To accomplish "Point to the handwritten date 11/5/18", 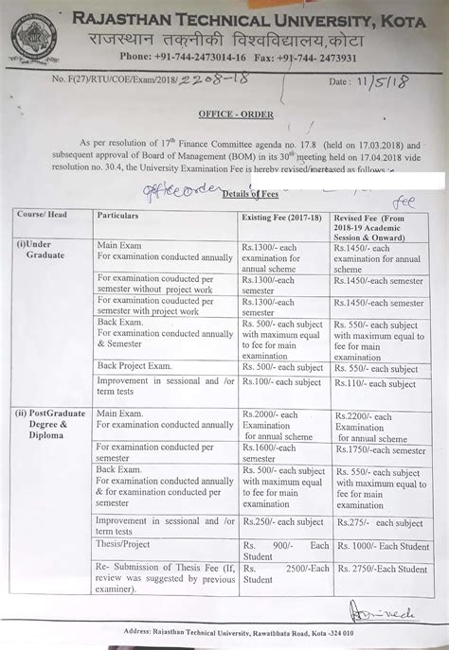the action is pyautogui.click(x=392, y=82).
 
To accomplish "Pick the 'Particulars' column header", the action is pyautogui.click(x=118, y=216).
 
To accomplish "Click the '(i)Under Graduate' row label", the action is pyautogui.click(x=36, y=251).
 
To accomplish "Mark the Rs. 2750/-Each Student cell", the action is pyautogui.click(x=382, y=569).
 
